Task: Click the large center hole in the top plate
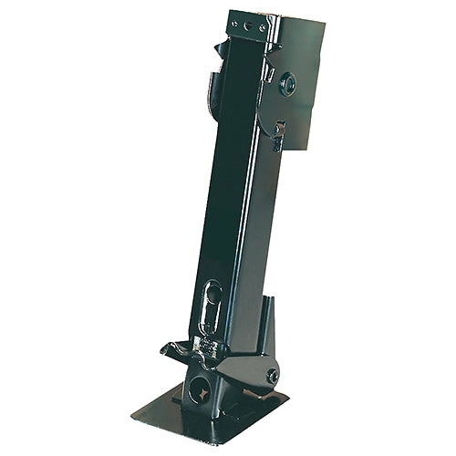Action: [x=249, y=26]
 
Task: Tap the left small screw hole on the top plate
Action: [x=235, y=24]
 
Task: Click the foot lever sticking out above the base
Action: [x=179, y=348]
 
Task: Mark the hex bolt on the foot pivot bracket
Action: [x=271, y=374]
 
